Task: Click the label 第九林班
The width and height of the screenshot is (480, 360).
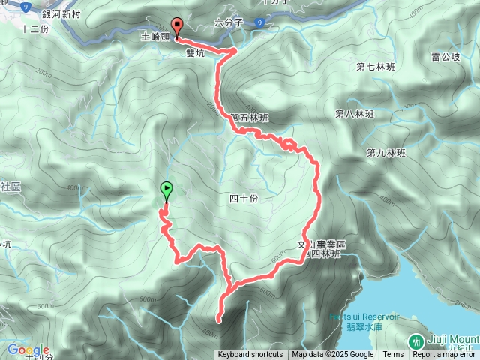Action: coord(385,153)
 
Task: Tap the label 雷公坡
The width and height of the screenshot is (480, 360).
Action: coord(445,56)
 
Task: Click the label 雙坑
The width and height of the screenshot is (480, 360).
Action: coord(196,53)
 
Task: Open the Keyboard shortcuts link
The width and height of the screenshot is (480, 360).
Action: coord(250,355)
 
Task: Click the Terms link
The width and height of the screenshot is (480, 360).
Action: coord(393,355)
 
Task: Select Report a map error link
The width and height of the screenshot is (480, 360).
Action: coord(444,355)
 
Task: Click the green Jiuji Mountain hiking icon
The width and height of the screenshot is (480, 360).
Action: coord(415,341)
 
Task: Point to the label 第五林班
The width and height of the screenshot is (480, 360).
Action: coord(250,117)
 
